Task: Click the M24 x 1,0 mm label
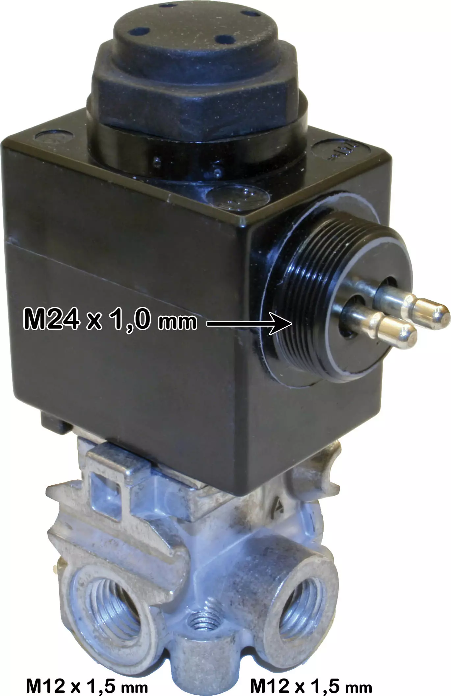[110, 319]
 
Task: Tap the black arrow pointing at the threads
[250, 324]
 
